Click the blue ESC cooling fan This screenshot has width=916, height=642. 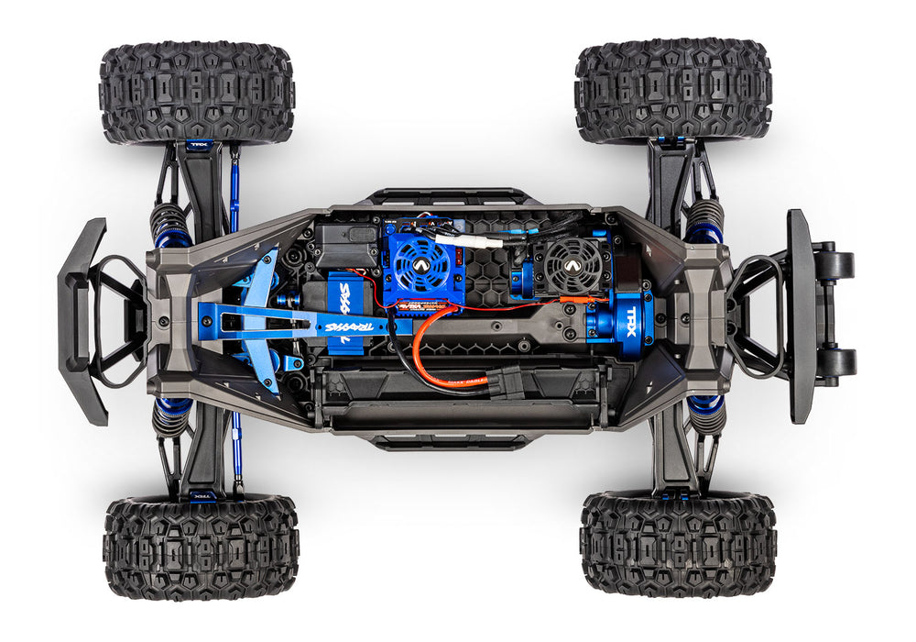pyautogui.click(x=420, y=260)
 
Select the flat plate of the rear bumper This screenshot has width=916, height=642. pyautogui.click(x=801, y=316)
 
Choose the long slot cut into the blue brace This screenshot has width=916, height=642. pyautogui.click(x=266, y=320)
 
